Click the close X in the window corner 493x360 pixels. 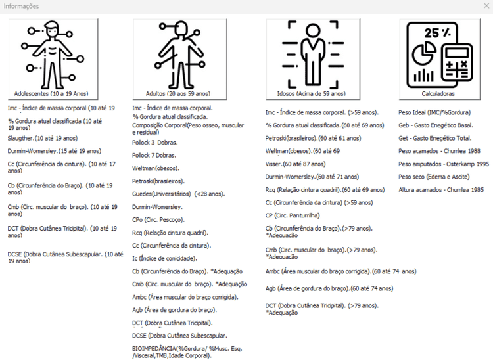pos(486,6)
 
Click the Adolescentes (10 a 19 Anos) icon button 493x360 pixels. pos(53,59)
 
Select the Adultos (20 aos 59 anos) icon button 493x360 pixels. pos(179,59)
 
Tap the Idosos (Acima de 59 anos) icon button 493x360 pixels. pos(313,59)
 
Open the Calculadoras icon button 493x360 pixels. pos(440,59)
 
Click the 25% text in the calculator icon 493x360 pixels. pos(437,33)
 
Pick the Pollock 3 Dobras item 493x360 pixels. pos(154,143)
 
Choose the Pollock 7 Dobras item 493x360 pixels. pos(154,156)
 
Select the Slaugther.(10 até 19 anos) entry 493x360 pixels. pos(43,138)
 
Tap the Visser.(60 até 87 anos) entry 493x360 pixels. pos(296,164)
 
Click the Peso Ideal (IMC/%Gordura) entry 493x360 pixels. pos(434,112)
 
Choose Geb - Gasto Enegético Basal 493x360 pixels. pos(435,125)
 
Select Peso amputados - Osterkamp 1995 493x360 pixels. pos(444,164)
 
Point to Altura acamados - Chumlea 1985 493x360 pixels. pos(441,190)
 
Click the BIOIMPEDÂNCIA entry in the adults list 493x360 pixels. pos(187,352)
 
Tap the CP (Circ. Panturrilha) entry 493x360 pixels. pos(293,215)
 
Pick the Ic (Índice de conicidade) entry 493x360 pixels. pos(164,259)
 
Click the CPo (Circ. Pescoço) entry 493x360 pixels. pos(158,220)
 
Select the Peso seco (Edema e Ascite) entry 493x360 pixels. pos(434,177)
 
